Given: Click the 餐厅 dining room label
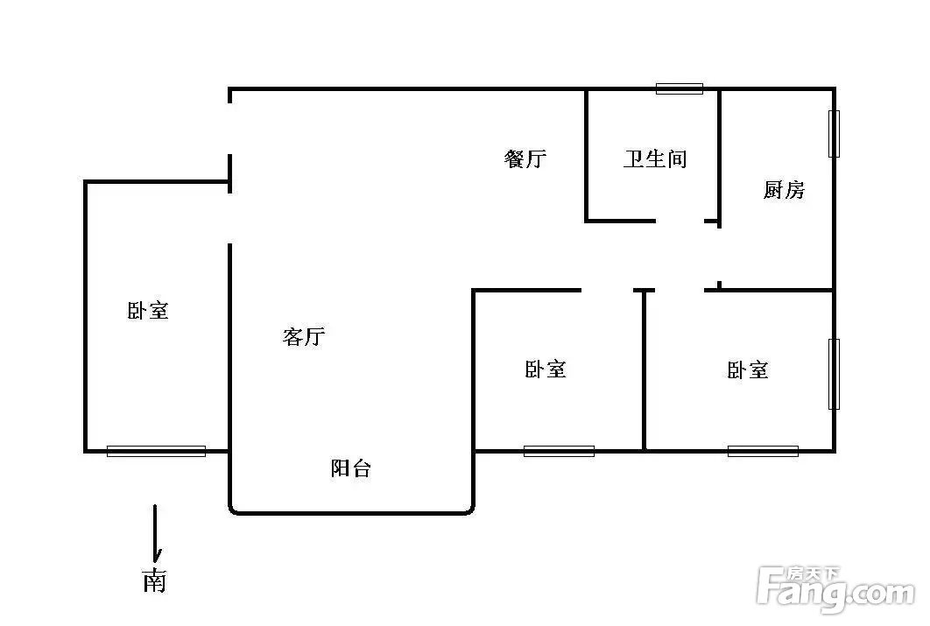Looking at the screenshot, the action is (525, 158).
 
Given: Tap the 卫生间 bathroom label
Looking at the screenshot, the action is (655, 158).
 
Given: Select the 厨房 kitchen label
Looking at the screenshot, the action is (784, 190).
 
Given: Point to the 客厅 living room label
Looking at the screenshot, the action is (304, 337).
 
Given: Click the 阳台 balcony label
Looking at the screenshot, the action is (350, 468).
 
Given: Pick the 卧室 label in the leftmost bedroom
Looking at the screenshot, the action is (148, 311).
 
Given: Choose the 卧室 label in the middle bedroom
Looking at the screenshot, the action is (545, 369).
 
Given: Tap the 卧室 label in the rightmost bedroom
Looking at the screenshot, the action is (747, 370).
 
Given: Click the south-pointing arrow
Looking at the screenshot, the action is (156, 533).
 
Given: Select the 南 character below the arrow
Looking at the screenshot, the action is (154, 581).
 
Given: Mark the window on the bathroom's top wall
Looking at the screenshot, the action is (680, 89).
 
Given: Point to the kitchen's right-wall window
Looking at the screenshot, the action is (834, 134).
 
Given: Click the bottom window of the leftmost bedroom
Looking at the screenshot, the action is (156, 451).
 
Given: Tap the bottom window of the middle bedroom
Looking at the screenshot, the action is (559, 451).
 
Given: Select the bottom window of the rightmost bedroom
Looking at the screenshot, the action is (763, 451).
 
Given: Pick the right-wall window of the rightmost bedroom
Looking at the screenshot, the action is (834, 374).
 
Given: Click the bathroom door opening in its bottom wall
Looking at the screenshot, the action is (680, 222).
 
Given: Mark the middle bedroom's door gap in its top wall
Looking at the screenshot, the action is (608, 290).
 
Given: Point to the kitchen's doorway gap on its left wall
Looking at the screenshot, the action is (719, 255).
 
